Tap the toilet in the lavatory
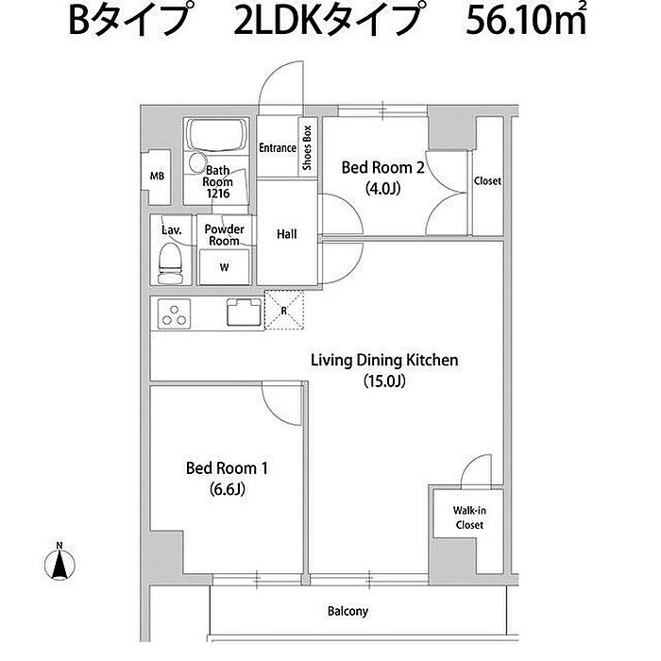pos(170,263)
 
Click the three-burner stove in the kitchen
pos(174,314)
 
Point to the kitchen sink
pos(244,312)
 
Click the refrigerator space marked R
pos(284,311)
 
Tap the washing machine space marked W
pos(225,267)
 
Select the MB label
pos(158,176)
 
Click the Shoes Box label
pos(307,147)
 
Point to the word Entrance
pos(278,148)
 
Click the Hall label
pos(287,234)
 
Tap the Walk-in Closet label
pos(469,517)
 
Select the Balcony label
pos(347,611)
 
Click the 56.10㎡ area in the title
pos(526,20)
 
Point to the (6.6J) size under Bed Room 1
pos(228,489)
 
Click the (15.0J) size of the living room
pos(384,381)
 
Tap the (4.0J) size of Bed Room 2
pos(382,188)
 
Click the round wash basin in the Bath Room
pos(196,162)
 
